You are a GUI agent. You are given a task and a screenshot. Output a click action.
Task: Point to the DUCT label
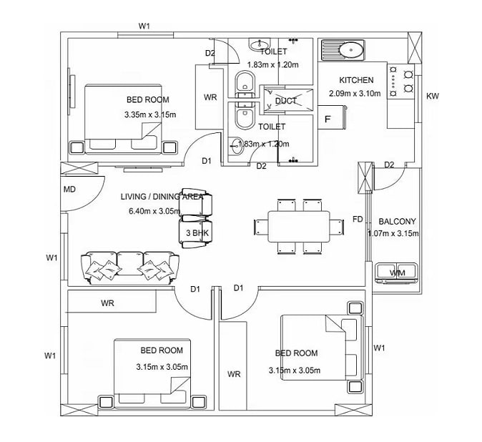(x=285, y=101)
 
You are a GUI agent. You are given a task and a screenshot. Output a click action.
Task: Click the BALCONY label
(x=397, y=222)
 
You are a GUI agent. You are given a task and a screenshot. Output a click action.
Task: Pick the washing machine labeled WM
(x=398, y=273)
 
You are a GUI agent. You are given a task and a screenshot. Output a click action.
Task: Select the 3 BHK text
(x=197, y=233)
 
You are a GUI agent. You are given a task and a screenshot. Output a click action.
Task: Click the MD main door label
(x=70, y=190)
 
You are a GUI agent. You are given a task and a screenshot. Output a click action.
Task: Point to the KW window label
(x=432, y=96)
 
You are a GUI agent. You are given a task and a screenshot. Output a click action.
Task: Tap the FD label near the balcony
(x=358, y=219)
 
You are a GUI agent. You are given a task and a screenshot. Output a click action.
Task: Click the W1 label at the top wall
(x=144, y=26)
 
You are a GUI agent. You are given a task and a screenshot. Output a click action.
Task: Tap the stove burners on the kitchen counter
(x=400, y=81)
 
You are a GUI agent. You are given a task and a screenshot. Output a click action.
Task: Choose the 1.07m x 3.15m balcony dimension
(x=397, y=233)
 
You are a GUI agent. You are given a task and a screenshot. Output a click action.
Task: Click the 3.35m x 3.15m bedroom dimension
(x=149, y=113)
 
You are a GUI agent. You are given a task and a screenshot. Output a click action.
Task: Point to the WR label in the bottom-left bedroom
(x=107, y=303)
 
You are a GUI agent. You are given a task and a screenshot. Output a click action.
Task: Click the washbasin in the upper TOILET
(x=258, y=46)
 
